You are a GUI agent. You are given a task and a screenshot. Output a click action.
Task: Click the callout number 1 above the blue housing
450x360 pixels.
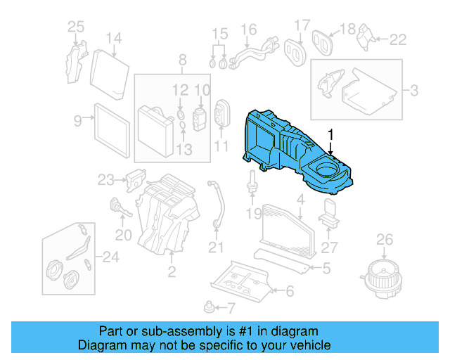point(330,133)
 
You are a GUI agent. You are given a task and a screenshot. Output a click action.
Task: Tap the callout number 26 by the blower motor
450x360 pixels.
point(385,241)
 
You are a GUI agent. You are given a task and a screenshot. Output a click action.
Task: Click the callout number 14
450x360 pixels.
point(114,38)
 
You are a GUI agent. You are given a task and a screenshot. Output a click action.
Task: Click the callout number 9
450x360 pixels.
point(78,121)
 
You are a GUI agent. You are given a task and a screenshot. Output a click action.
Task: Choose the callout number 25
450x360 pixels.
point(75,27)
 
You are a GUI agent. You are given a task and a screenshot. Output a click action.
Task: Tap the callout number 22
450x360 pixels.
point(398,40)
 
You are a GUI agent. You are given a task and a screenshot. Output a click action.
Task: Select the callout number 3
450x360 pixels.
point(414,90)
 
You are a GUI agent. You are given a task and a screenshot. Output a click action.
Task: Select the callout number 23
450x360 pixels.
point(105,179)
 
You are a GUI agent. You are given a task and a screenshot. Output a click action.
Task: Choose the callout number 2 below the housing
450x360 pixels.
point(171,271)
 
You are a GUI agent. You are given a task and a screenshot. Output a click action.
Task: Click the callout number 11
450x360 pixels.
point(221,146)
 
